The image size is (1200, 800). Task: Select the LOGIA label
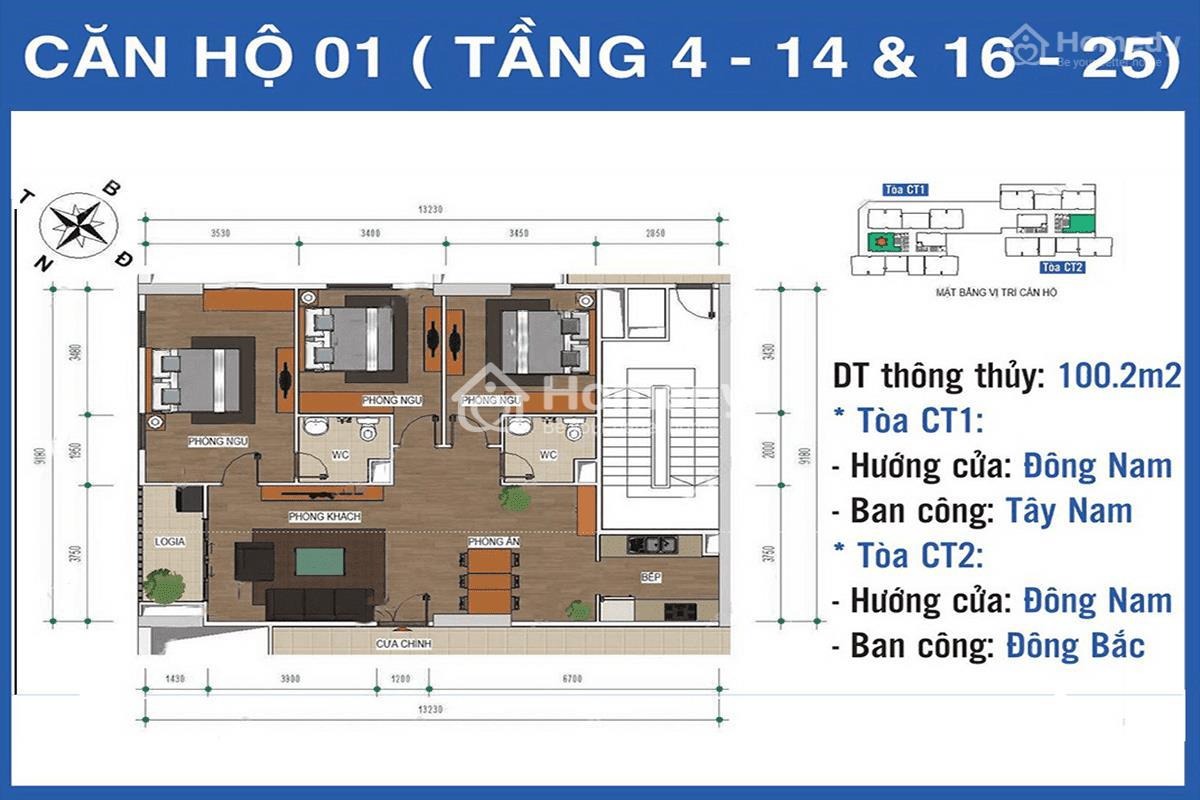point(170,541)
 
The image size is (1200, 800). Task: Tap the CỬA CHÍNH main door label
point(404,644)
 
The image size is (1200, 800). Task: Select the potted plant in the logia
point(161,584)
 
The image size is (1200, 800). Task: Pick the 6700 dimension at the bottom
point(572,678)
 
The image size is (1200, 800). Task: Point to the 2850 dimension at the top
point(683,233)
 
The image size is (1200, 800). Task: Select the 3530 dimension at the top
point(221,233)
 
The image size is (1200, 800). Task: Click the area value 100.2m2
point(1119,377)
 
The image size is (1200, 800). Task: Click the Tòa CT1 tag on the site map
point(906,189)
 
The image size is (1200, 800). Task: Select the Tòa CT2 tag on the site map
point(1062,267)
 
